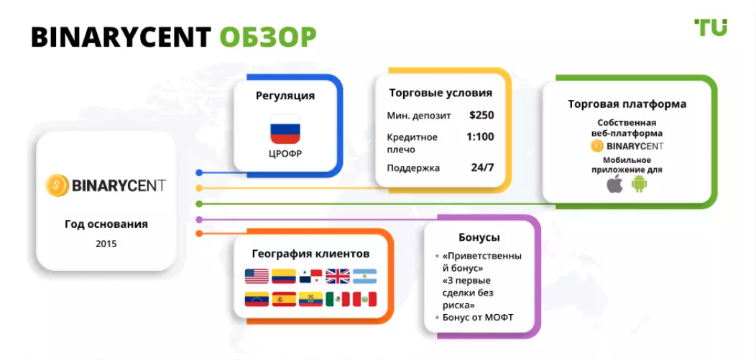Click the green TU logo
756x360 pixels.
[x=710, y=27]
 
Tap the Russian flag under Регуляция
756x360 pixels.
[x=285, y=129]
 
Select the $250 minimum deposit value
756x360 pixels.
[x=481, y=116]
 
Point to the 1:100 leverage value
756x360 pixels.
[x=480, y=137]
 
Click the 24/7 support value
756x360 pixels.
[x=483, y=167]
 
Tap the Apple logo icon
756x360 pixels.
[x=614, y=184]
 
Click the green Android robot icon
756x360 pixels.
[x=640, y=184]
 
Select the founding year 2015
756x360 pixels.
[x=106, y=244]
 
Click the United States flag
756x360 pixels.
[x=257, y=276]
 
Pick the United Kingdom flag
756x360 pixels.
[x=338, y=276]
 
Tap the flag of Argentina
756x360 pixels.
[x=364, y=276]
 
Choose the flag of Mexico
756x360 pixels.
[x=338, y=299]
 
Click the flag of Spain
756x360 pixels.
[x=284, y=299]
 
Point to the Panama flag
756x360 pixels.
[x=310, y=276]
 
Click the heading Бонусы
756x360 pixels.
[x=479, y=238]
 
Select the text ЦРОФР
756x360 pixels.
[x=285, y=154]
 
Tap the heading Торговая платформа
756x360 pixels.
[x=627, y=104]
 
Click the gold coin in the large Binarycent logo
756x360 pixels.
[x=57, y=185]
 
